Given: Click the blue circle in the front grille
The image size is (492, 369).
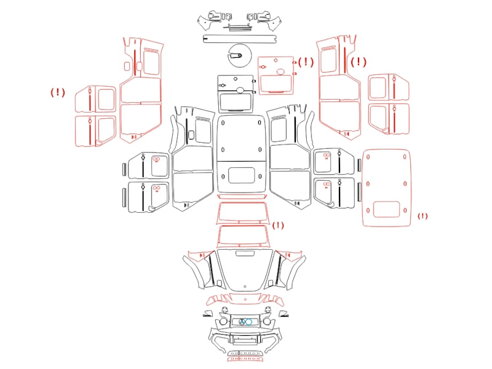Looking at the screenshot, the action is [x=248, y=322].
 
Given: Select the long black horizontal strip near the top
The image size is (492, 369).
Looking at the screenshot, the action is [x=240, y=39].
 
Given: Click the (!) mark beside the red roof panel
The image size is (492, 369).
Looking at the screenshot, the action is [x=423, y=216].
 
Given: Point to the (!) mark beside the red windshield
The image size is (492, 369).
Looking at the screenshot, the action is [x=278, y=225].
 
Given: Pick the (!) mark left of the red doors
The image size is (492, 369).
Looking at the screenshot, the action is [x=58, y=92].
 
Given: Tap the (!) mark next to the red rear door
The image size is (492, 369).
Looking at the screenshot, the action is [x=306, y=62].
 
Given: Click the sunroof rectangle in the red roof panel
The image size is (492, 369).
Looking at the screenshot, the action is [x=387, y=209].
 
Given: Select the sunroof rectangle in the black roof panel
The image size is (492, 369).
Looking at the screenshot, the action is [x=241, y=175].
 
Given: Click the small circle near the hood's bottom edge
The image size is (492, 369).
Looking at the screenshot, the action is [x=245, y=286].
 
